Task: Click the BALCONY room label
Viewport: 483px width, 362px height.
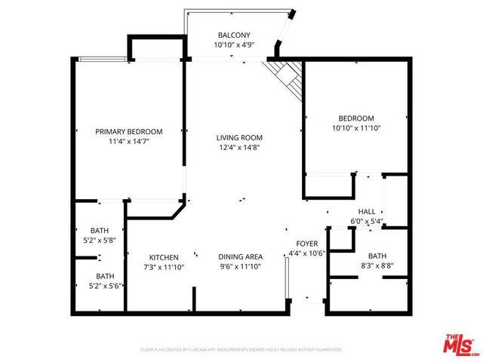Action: [234, 35]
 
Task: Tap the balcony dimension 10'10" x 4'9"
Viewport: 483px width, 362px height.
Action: [234, 45]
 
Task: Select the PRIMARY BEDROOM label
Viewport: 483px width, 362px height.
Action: [128, 132]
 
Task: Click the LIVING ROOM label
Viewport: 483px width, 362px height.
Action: [238, 137]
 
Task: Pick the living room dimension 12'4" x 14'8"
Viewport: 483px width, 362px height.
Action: [238, 147]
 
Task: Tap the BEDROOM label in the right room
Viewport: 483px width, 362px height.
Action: [355, 118]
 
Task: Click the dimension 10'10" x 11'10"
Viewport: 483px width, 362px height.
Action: [355, 128]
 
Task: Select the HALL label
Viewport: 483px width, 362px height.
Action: [367, 212]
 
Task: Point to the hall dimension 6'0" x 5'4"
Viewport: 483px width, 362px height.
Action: [367, 222]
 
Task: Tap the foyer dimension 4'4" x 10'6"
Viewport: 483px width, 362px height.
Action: [306, 253]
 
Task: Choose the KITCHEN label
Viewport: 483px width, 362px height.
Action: [163, 257]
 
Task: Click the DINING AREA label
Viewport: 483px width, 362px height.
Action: [240, 257]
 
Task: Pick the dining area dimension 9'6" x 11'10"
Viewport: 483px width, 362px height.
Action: [240, 267]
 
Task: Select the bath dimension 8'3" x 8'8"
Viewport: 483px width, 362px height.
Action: [377, 266]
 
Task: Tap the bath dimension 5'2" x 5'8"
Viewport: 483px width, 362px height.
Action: [100, 241]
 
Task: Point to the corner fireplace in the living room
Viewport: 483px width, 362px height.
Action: [287, 75]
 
